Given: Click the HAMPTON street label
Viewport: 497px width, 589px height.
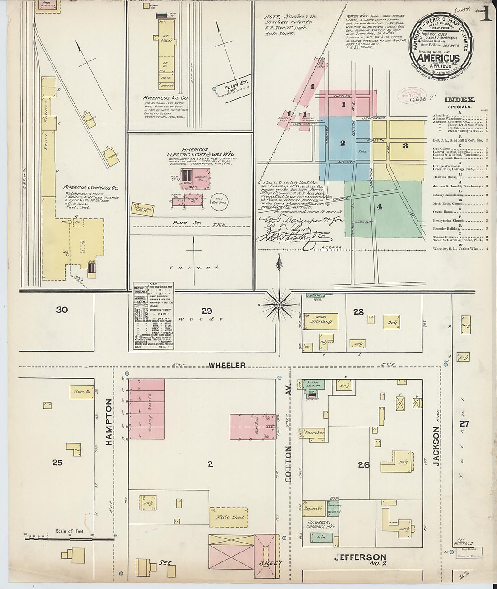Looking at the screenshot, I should point(109,422).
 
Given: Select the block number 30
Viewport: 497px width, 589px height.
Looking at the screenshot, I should point(62,310).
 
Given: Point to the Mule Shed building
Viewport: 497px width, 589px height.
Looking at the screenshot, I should point(230,517).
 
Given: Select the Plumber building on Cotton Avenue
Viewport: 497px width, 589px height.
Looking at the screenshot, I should point(314,433).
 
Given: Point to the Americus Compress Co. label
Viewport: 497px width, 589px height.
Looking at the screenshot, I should point(91,187).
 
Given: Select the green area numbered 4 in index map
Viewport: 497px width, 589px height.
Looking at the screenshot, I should point(384,208).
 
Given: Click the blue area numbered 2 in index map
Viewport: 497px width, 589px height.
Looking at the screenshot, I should point(342,143).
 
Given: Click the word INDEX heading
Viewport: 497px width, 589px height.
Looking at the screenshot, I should point(459,100).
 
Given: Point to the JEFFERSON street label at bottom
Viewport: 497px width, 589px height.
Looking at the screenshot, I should point(360,557).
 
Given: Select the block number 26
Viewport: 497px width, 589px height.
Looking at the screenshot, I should point(364,464).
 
